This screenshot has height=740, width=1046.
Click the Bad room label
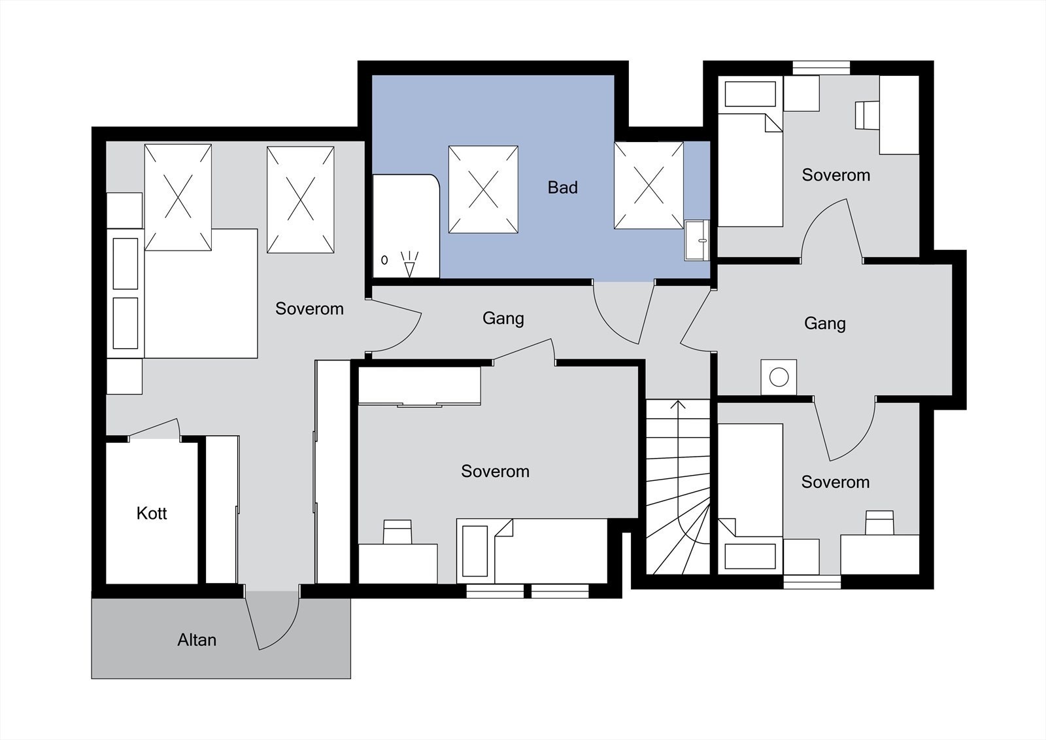(x=562, y=188)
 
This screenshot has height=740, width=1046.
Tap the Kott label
(x=151, y=513)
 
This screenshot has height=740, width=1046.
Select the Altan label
(x=197, y=639)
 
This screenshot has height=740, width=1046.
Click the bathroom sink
(x=697, y=240)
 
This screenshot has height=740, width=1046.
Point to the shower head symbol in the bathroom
(x=409, y=264)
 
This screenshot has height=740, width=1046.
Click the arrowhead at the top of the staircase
(x=677, y=404)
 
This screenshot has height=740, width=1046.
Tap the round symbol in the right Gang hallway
(x=779, y=377)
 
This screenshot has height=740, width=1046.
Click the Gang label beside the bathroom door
(x=503, y=319)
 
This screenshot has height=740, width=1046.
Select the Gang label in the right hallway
(x=824, y=323)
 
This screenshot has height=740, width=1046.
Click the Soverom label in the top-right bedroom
(x=836, y=175)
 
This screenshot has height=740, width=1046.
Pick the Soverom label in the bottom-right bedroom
(x=835, y=482)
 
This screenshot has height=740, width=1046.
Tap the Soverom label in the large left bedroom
(x=309, y=309)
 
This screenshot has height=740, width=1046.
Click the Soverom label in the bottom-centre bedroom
(x=495, y=471)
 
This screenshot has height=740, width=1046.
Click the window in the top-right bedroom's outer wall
(x=821, y=68)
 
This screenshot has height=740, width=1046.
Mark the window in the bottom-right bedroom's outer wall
(x=812, y=582)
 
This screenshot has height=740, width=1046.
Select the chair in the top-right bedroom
(x=867, y=115)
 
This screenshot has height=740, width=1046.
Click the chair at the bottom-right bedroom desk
(x=879, y=523)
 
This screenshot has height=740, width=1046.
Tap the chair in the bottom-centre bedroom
(x=397, y=532)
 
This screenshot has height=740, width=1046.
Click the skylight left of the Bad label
(x=483, y=189)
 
